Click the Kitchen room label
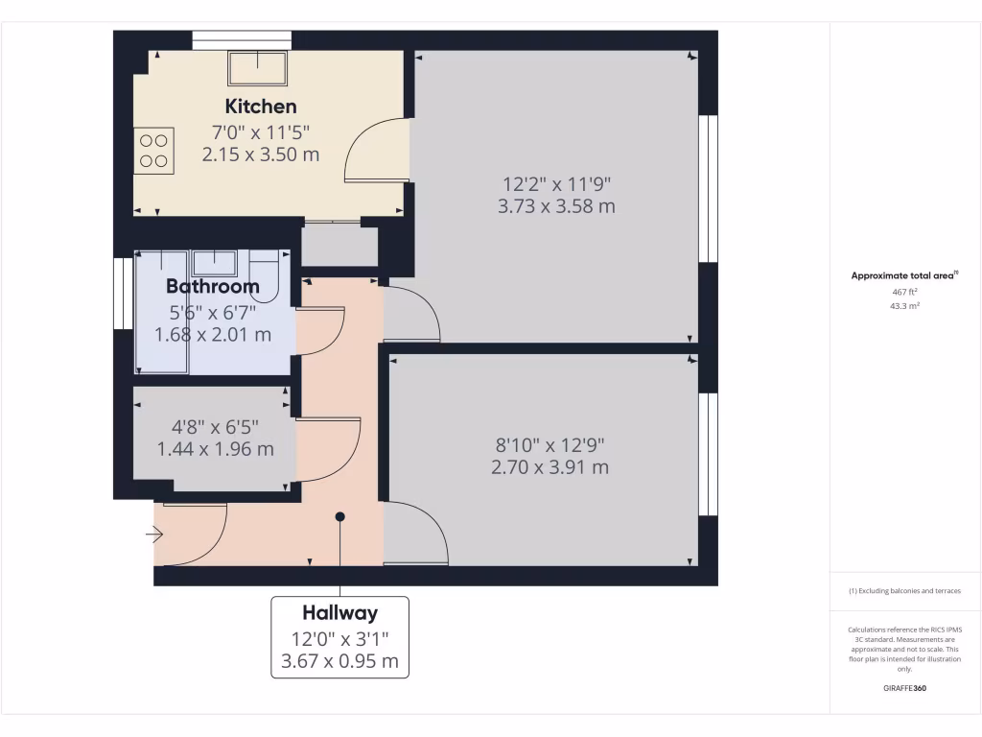(x=261, y=107)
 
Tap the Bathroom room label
(x=213, y=286)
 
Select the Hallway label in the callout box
(x=340, y=612)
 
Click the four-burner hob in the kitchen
(x=153, y=151)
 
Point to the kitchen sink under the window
(x=257, y=67)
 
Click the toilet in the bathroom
(x=265, y=274)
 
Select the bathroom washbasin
(x=214, y=262)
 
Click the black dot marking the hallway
(x=340, y=516)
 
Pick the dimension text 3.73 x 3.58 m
(x=556, y=206)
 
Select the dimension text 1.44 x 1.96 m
(x=215, y=448)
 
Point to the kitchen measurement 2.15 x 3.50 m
(x=261, y=155)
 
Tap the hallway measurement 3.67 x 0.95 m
(x=340, y=661)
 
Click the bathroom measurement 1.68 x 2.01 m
(x=213, y=335)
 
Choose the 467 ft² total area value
(x=905, y=291)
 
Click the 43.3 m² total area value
(x=905, y=306)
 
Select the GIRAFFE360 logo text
(x=905, y=688)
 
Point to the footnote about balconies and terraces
(x=905, y=591)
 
